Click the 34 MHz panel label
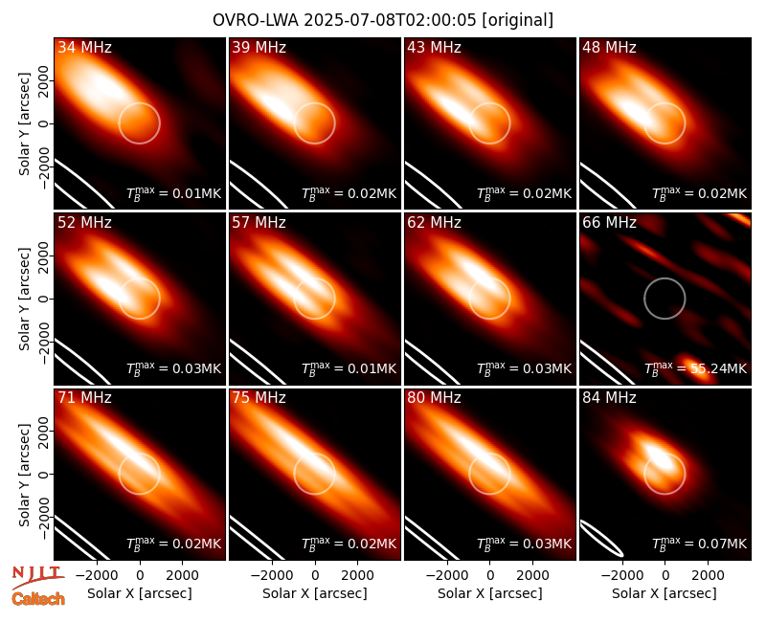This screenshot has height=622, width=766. pyautogui.click(x=84, y=47)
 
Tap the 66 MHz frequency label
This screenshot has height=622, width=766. pyautogui.click(x=609, y=223)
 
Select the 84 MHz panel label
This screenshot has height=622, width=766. pyautogui.click(x=609, y=398)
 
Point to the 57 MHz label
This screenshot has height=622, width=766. pyautogui.click(x=259, y=223)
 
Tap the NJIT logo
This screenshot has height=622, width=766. pyautogui.click(x=37, y=576)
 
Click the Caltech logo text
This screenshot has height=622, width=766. pyautogui.click(x=38, y=599)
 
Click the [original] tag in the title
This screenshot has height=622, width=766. pyautogui.click(x=517, y=20)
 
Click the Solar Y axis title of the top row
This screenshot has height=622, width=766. pyautogui.click(x=24, y=124)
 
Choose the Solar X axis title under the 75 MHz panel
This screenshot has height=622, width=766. pyautogui.click(x=315, y=593)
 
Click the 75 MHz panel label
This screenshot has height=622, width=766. pyautogui.click(x=259, y=398)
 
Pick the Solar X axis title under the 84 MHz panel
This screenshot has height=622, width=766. pyautogui.click(x=665, y=593)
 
